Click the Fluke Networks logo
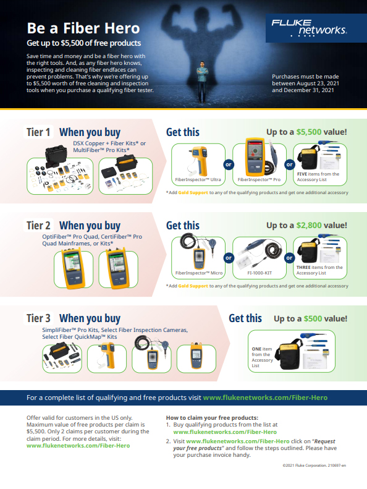pyautogui.click(x=309, y=27)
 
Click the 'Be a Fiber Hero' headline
pyautogui.click(x=83, y=28)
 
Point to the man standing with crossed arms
pyautogui.click(x=203, y=82)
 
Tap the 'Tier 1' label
pyautogui.click(x=38, y=132)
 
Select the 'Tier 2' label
pyautogui.click(x=38, y=225)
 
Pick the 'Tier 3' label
pyautogui.click(x=38, y=318)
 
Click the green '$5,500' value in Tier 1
pyautogui.click(x=309, y=132)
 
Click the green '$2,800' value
pyautogui.click(x=309, y=225)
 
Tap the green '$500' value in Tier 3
pyautogui.click(x=313, y=318)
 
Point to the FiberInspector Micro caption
pyautogui.click(x=199, y=273)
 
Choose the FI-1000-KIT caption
pyautogui.click(x=259, y=273)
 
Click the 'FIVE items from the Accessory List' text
pyautogui.click(x=318, y=177)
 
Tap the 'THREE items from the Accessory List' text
pyautogui.click(x=319, y=270)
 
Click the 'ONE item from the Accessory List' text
pyautogui.click(x=262, y=357)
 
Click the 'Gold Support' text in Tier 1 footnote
pyautogui.click(x=193, y=193)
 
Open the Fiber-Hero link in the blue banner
pyautogui.click(x=265, y=398)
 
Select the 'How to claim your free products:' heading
pyautogui.click(x=212, y=417)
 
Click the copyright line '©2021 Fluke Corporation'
pyautogui.click(x=314, y=466)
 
